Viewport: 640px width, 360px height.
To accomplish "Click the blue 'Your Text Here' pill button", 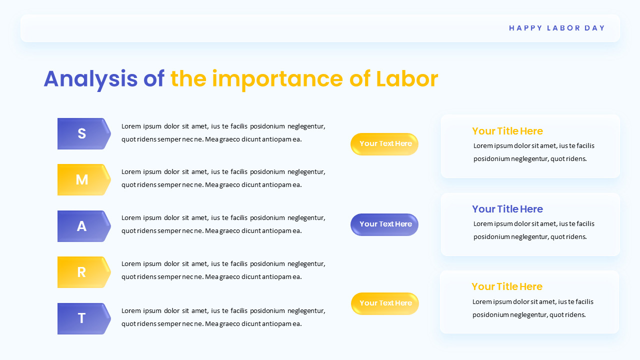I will point(384,224).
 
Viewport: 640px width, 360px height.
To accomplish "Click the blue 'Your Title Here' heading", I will point(507,209).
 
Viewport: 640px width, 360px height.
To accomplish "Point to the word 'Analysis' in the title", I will point(90,79).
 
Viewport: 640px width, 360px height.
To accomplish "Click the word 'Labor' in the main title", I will point(407,79).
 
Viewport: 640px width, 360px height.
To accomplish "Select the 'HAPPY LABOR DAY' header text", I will point(557,28).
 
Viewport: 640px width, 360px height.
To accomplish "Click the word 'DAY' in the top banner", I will point(595,28).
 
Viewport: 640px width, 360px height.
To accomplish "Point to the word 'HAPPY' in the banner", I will point(525,28).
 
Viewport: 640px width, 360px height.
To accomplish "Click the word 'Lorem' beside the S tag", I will point(131,126).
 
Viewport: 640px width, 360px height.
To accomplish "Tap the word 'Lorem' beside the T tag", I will point(131,310).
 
